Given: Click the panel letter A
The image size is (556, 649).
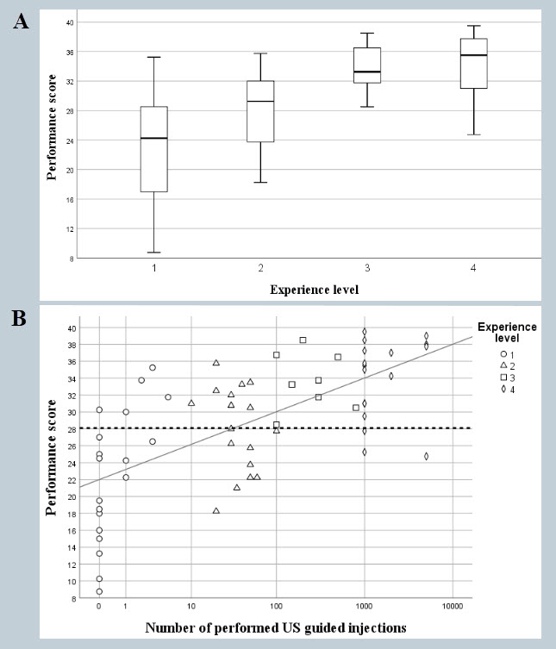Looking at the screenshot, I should (21, 22).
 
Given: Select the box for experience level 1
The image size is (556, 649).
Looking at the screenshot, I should (153, 148).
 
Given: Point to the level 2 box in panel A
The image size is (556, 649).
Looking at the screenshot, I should (260, 111).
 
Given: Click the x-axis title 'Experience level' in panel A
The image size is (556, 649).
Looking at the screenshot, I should (313, 289).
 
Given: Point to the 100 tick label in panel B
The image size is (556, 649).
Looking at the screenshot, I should (277, 608).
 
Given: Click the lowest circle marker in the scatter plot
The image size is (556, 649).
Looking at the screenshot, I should (99, 592).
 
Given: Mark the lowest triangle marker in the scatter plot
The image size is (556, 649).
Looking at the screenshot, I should (216, 511).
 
